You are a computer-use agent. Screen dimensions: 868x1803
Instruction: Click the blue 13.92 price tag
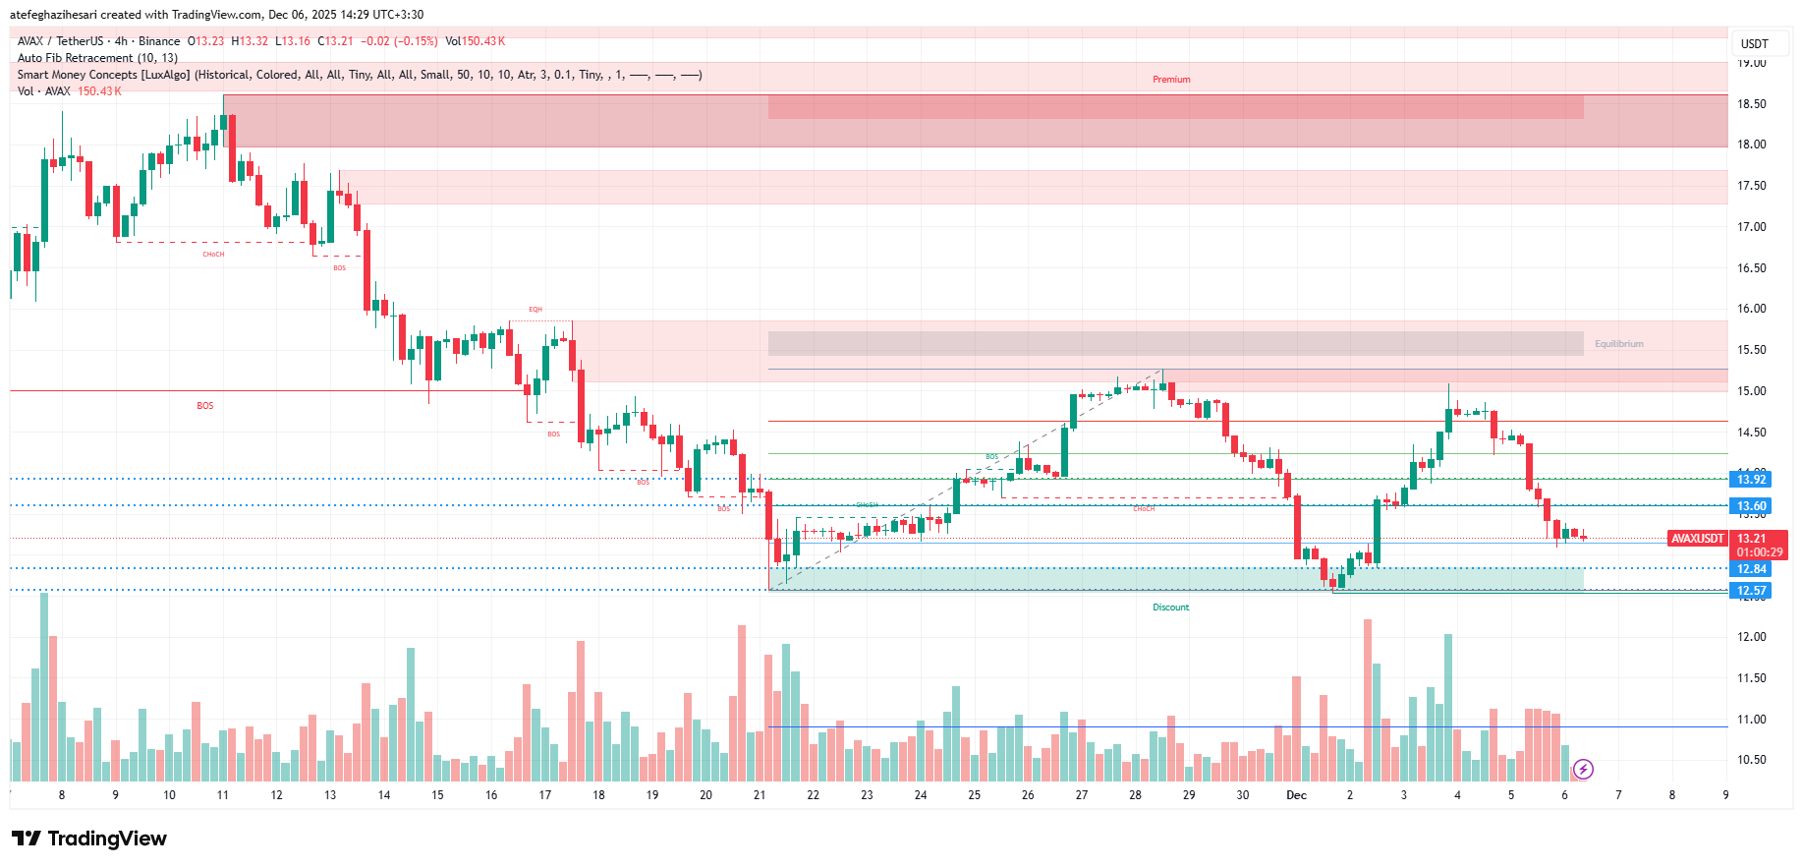pyautogui.click(x=1751, y=480)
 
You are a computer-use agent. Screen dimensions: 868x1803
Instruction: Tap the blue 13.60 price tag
pyautogui.click(x=1751, y=506)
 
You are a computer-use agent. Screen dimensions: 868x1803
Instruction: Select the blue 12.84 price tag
pyautogui.click(x=1751, y=569)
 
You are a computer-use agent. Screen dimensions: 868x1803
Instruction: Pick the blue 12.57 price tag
pyautogui.click(x=1751, y=591)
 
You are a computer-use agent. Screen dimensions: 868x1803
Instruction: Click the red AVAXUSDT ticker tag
pyautogui.click(x=1698, y=539)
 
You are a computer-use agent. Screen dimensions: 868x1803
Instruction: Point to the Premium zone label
pyautogui.click(x=1171, y=80)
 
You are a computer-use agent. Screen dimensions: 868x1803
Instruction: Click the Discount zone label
pyautogui.click(x=1170, y=608)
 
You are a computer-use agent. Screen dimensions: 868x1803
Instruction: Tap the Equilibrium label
pyautogui.click(x=1618, y=344)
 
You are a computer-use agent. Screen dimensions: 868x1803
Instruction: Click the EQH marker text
pyautogui.click(x=535, y=310)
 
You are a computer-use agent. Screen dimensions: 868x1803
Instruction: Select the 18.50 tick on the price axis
pyautogui.click(x=1751, y=104)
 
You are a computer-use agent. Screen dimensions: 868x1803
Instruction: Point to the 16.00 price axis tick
pyautogui.click(x=1751, y=309)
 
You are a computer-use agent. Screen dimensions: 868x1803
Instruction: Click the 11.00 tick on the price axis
pyautogui.click(x=1751, y=720)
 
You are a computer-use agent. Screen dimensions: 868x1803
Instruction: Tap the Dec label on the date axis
pyautogui.click(x=1296, y=795)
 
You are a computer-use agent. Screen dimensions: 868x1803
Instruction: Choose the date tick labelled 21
pyautogui.click(x=760, y=795)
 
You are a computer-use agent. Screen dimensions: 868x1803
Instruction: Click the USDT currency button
pyautogui.click(x=1754, y=44)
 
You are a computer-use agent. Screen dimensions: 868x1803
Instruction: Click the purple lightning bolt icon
pyautogui.click(x=1583, y=769)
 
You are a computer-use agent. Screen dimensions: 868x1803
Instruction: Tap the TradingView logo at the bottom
pyautogui.click(x=89, y=839)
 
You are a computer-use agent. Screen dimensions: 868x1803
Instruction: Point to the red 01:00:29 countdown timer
pyautogui.click(x=1759, y=552)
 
